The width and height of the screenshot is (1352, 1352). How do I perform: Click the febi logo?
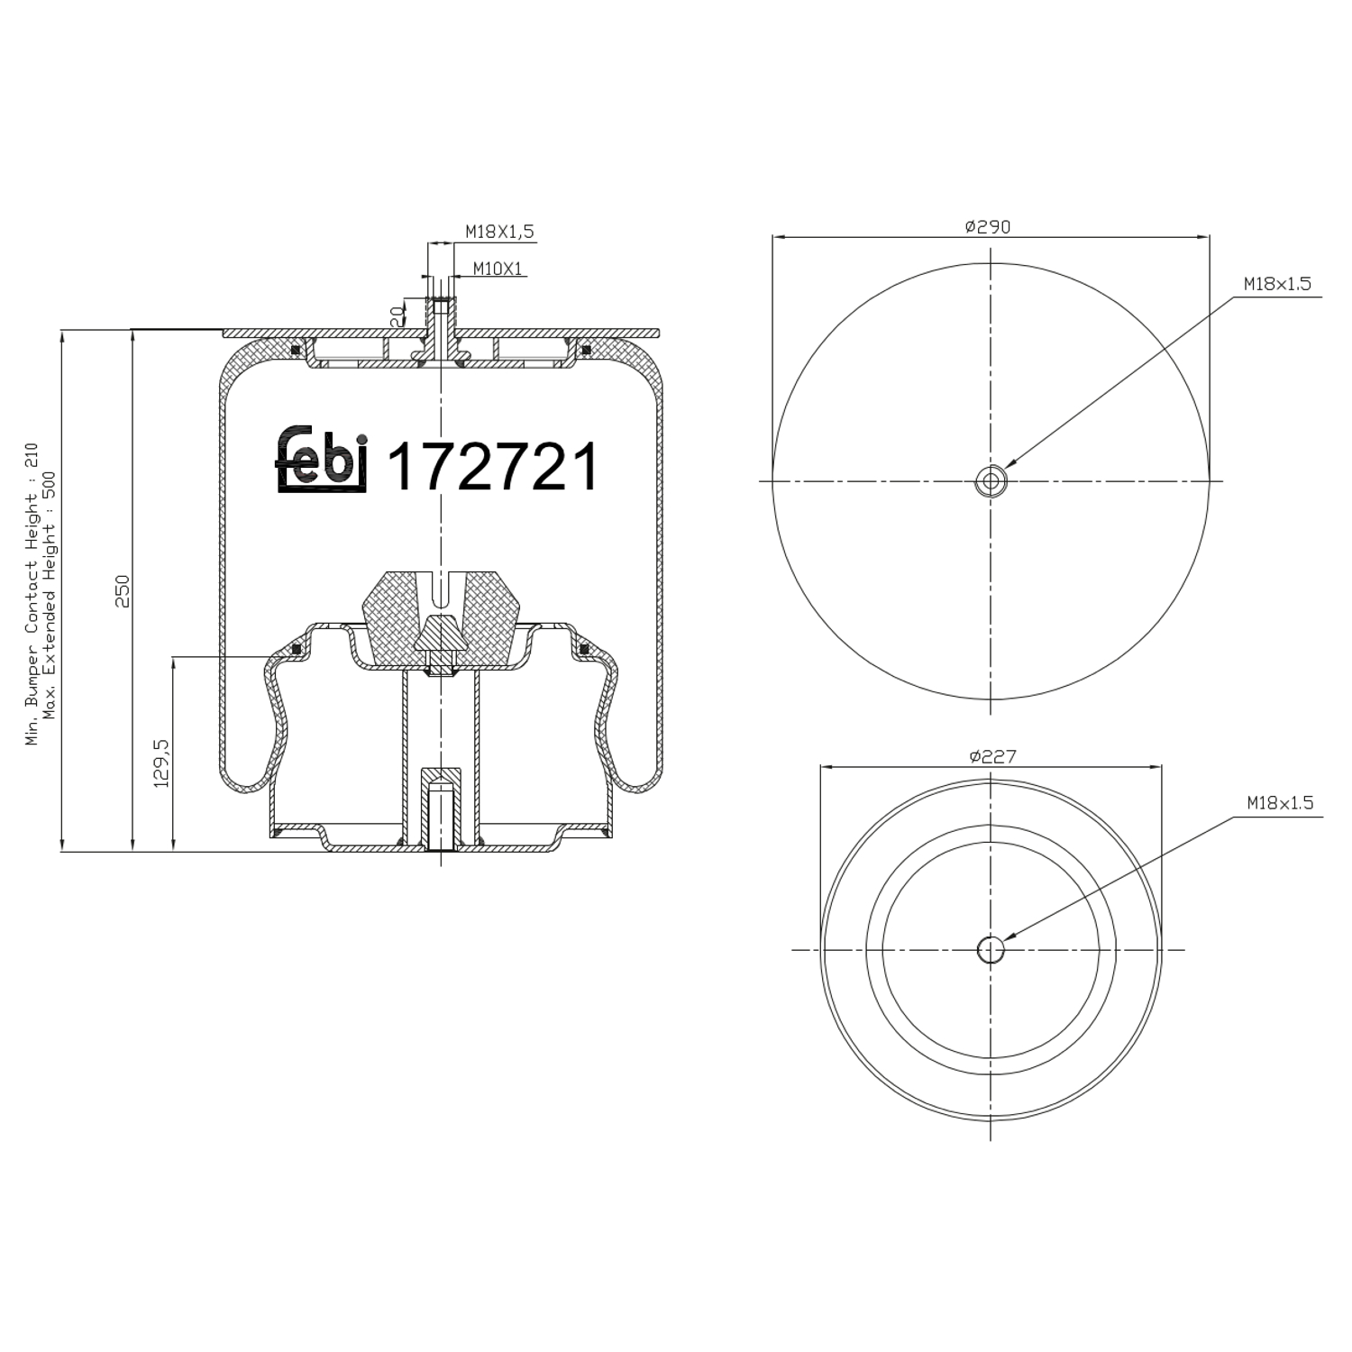(x=322, y=460)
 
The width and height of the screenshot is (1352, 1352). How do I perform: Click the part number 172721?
(x=492, y=467)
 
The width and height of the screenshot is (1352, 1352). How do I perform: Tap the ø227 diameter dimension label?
(x=992, y=755)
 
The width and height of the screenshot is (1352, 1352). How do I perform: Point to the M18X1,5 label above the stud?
(x=499, y=232)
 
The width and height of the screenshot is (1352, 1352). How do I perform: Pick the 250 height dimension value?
(x=123, y=590)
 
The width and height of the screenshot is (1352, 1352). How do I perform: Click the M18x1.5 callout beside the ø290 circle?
(x=1276, y=283)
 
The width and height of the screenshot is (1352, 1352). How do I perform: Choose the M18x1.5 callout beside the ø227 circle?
(x=1280, y=802)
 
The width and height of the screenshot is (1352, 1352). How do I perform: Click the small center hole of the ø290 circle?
(x=991, y=481)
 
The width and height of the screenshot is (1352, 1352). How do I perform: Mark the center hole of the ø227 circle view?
(x=991, y=949)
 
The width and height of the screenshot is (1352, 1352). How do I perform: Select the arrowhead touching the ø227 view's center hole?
(x=1008, y=939)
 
